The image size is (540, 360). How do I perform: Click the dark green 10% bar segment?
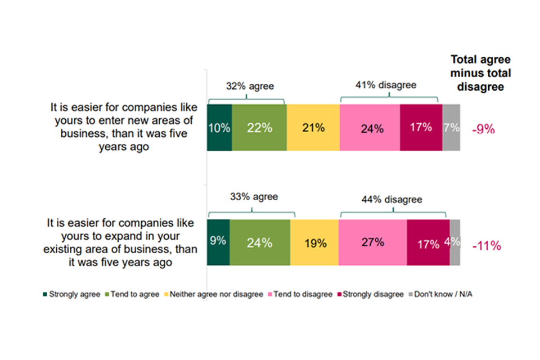click(x=219, y=128)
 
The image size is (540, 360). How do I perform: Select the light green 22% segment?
click(x=259, y=128)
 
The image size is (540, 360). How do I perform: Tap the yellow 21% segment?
click(x=313, y=128)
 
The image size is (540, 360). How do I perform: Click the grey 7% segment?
click(x=451, y=128)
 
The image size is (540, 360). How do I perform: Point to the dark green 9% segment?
click(x=218, y=242)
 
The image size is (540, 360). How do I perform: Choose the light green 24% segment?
click(x=259, y=242)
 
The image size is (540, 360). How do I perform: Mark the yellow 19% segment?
click(x=314, y=242)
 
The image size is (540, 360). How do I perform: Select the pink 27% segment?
click(x=372, y=242)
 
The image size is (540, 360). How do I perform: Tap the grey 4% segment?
click(x=455, y=242)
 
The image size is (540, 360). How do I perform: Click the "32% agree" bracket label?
click(x=250, y=87)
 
